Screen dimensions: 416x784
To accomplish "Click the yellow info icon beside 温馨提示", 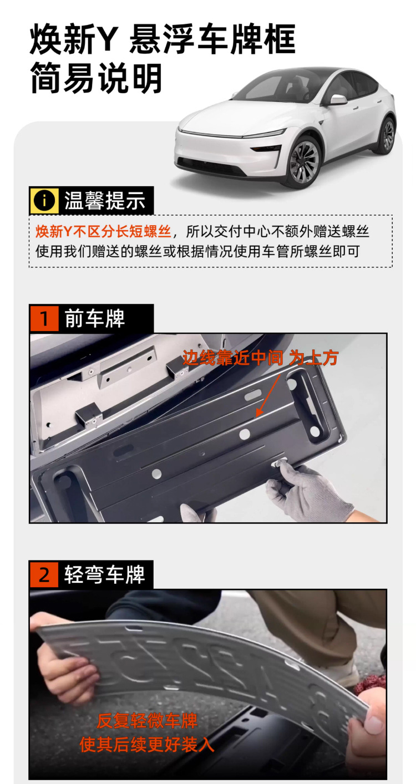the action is (44, 201).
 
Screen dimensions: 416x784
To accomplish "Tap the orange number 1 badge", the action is (44, 318).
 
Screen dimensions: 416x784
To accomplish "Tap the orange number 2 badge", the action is (44, 574).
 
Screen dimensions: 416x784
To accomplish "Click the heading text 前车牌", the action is (94, 318).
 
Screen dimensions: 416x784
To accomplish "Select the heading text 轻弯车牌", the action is (104, 574).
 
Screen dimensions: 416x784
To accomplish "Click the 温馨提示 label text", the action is (104, 201).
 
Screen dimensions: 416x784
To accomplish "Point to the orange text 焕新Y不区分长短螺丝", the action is (103, 231).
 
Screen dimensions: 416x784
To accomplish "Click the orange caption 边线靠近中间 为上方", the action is (260, 358).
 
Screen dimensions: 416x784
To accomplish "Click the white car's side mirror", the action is (338, 100).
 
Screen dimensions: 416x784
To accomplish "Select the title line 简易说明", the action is (97, 78).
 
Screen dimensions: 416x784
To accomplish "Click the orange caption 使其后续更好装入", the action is (147, 744).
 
